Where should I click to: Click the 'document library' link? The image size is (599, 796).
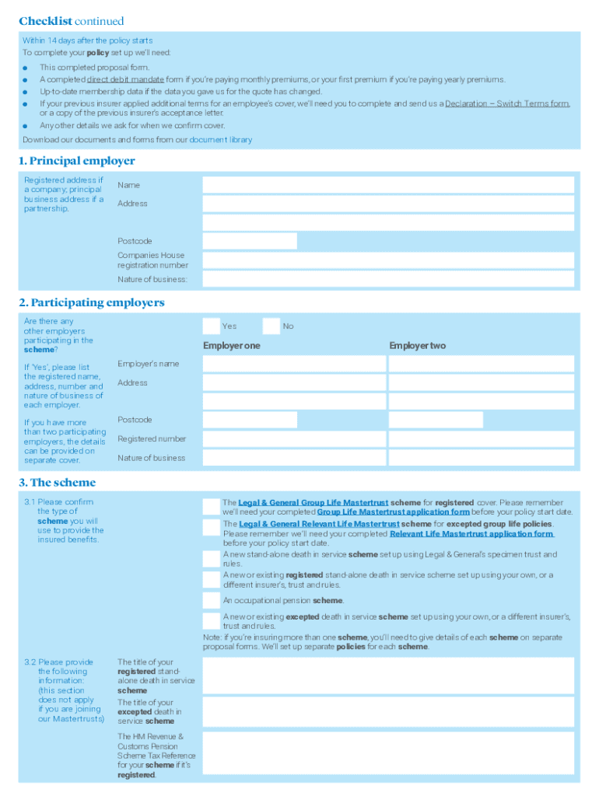221,140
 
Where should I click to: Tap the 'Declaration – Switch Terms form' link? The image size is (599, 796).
507,103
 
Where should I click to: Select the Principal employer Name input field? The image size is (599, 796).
388,185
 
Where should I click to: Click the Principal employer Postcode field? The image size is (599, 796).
250,241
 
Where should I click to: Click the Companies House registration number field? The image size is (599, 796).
388,260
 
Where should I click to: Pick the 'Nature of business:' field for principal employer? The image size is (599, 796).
388,279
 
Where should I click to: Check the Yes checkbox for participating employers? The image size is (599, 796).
211,326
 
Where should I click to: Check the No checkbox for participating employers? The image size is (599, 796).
271,326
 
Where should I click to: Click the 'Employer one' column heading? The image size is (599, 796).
232,345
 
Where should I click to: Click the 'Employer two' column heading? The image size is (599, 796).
418,345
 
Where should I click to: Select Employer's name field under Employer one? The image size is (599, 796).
294,364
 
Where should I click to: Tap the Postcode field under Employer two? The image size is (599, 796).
436,420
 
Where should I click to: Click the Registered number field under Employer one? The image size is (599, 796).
294,439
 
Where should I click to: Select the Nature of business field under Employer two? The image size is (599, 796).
481,458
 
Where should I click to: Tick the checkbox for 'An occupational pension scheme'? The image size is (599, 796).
211,600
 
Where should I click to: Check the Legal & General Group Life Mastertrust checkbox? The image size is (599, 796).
211,507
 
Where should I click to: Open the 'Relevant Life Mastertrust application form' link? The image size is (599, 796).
471,534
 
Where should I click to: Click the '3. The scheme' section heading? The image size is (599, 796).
58,482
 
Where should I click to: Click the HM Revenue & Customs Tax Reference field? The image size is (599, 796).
388,756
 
